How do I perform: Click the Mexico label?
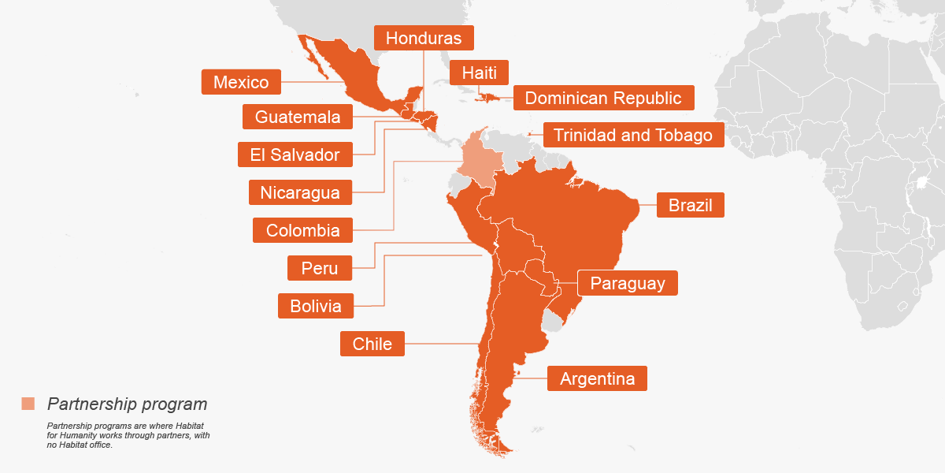tap(241, 82)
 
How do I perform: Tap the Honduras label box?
tap(423, 38)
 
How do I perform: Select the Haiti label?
tap(479, 73)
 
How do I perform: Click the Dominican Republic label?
tap(603, 98)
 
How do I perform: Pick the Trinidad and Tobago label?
tap(632, 135)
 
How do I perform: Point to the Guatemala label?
tap(298, 117)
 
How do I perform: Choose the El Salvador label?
tap(295, 155)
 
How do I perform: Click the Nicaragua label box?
tap(300, 192)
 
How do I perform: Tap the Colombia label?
tap(302, 230)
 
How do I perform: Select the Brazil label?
tap(690, 206)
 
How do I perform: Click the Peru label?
tap(319, 268)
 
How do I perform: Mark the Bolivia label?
tap(315, 306)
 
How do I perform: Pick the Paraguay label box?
tap(628, 284)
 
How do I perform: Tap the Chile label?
tap(372, 344)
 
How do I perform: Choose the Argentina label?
tap(597, 378)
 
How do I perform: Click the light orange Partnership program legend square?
tap(28, 404)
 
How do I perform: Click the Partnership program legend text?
tap(127, 404)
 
